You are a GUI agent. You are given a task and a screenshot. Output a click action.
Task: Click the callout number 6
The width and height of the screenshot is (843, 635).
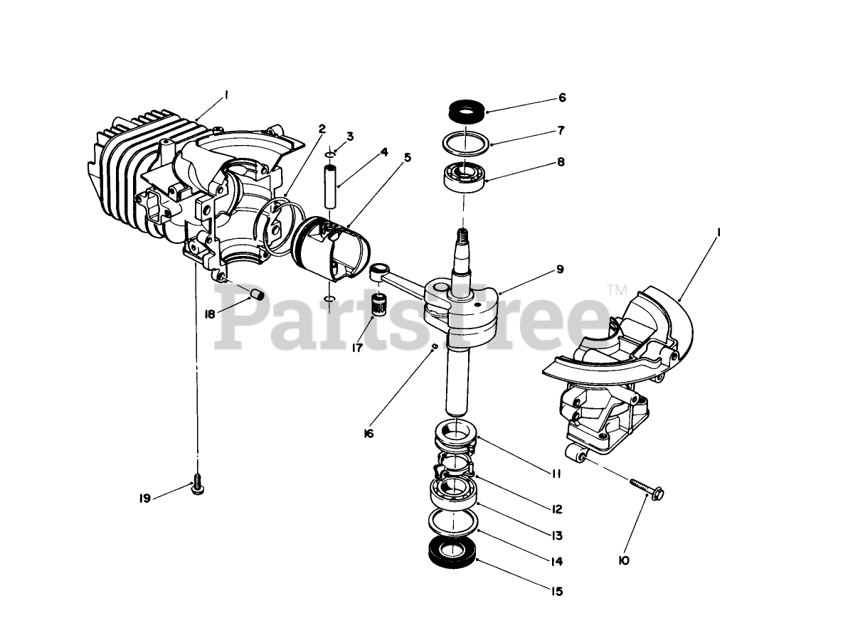click(561, 98)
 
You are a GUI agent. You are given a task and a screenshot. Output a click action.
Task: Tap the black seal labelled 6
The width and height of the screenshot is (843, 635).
click(466, 112)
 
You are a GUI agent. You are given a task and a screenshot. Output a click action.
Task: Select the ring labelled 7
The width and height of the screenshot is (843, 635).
click(467, 142)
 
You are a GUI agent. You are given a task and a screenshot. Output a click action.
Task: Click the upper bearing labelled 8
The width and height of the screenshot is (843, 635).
click(464, 175)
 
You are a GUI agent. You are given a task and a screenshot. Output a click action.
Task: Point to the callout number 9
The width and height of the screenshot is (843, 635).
click(560, 270)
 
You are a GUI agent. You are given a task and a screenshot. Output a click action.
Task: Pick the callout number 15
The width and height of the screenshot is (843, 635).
click(556, 592)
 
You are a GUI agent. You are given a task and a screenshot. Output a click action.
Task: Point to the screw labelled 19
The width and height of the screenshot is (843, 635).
click(197, 486)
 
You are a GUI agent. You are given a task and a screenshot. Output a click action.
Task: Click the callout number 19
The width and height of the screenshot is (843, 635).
click(144, 498)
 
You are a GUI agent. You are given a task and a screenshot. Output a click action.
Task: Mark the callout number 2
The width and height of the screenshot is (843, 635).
click(322, 129)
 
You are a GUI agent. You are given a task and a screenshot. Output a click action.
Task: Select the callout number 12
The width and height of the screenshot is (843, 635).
click(556, 509)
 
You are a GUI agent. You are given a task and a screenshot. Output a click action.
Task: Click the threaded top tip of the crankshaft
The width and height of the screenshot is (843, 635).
click(462, 234)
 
